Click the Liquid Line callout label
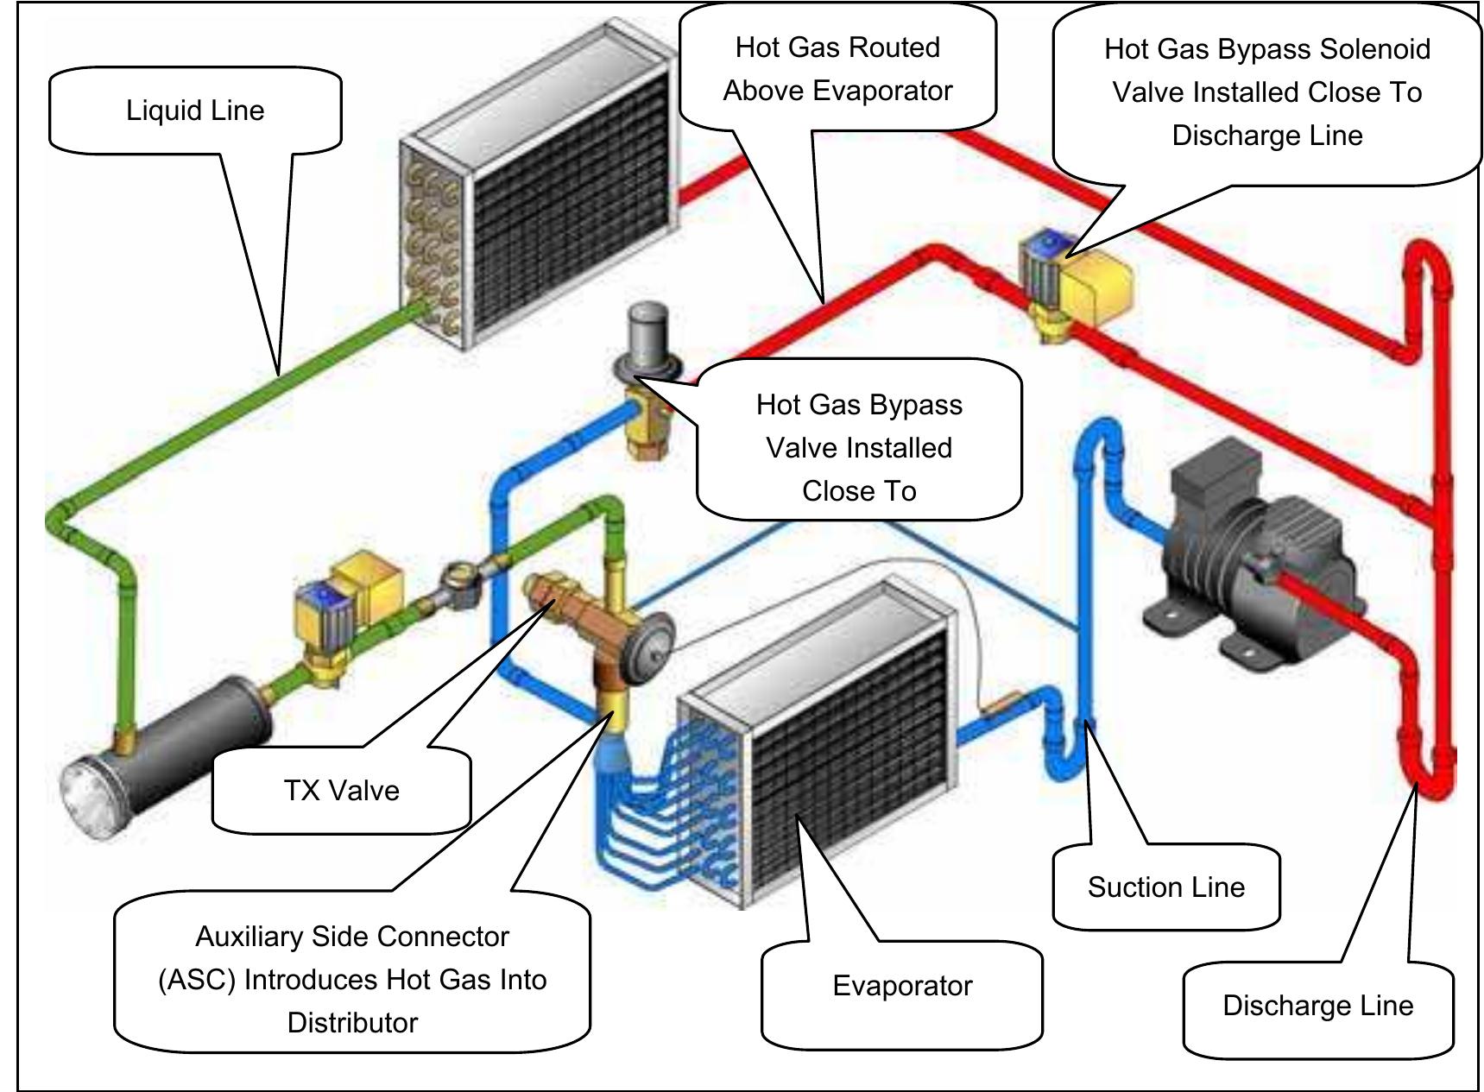pyautogui.click(x=195, y=110)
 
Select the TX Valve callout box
pyautogui.click(x=341, y=791)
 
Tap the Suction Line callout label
pyautogui.click(x=1165, y=887)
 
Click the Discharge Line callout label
pyautogui.click(x=1317, y=1006)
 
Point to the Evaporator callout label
pyautogui.click(x=901, y=986)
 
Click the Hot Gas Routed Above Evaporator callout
pyautogui.click(x=837, y=69)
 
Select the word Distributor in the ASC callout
pyautogui.click(x=352, y=1023)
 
